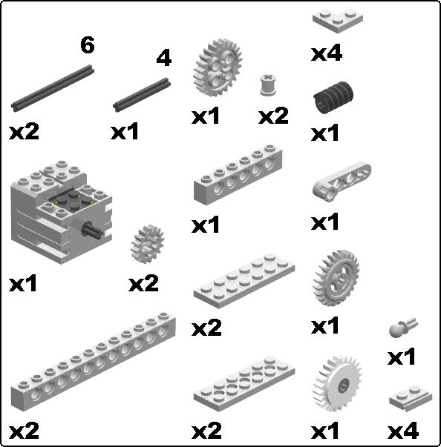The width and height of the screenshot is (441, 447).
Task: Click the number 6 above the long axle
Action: [x=88, y=45]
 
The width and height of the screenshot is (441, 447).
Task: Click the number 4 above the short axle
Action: [x=164, y=59]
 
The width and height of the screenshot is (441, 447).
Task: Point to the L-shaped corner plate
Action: [x=337, y=19]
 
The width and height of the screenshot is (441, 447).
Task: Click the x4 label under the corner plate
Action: [x=326, y=53]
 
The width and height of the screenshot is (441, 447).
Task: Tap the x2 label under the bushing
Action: [x=273, y=116]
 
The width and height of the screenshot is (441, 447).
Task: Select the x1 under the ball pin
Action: [x=402, y=357]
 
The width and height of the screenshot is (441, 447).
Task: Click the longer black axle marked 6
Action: [x=53, y=88]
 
